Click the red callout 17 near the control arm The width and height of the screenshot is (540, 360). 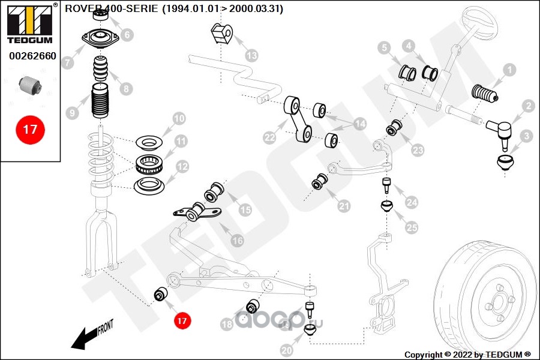click(x=182, y=321)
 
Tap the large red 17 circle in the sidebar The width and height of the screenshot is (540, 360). click(x=30, y=129)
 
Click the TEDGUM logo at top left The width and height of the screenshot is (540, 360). click(x=29, y=25)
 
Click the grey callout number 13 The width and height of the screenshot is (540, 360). click(x=252, y=56)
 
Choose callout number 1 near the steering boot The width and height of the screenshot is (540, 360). click(x=509, y=70)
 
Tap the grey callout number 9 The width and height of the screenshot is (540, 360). click(x=72, y=112)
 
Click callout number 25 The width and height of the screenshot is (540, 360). click(x=412, y=227)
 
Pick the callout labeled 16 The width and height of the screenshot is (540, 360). click(x=238, y=241)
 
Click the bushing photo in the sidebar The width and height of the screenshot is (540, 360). click(x=30, y=84)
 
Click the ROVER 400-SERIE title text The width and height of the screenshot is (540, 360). click(x=174, y=9)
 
